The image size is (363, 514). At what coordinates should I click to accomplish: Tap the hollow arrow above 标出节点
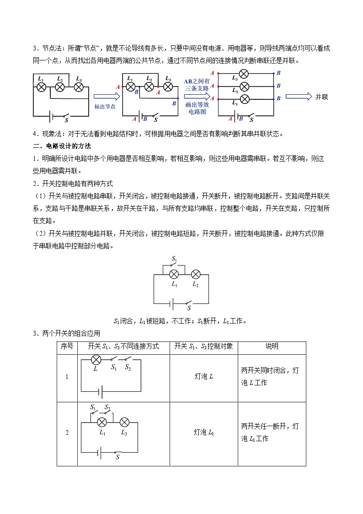coord(107,97)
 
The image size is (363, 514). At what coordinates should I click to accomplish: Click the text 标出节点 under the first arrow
coord(105,106)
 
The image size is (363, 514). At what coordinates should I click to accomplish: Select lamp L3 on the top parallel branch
coord(244,73)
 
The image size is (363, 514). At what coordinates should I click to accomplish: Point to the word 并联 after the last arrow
coord(322,97)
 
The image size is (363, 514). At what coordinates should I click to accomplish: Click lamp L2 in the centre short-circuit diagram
coord(195,274)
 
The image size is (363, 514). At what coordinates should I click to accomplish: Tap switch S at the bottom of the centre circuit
coord(189,302)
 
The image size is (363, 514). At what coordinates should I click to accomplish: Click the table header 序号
coord(67,346)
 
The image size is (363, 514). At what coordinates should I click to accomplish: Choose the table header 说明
coord(272,346)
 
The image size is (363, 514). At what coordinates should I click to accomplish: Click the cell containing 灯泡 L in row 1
coord(203,376)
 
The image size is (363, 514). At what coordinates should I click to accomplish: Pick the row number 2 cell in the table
coord(67,433)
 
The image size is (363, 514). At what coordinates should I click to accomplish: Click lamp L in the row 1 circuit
coord(96,360)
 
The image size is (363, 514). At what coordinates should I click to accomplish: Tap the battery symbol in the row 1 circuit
coord(100,392)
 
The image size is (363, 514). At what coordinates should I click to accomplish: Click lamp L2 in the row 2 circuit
coord(124,422)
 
